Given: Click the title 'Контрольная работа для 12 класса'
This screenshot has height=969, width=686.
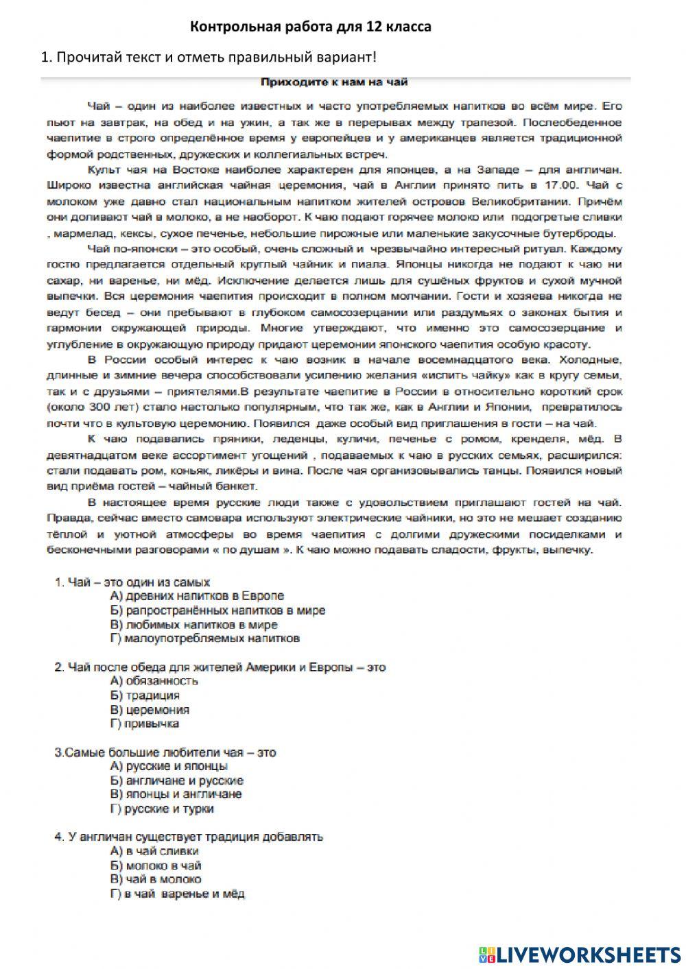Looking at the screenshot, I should [310, 27].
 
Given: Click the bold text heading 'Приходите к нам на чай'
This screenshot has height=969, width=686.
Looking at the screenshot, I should [334, 83].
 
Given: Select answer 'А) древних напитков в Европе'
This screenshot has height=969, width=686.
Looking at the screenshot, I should [196, 596].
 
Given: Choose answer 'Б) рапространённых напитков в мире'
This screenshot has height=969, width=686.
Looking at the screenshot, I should [217, 610].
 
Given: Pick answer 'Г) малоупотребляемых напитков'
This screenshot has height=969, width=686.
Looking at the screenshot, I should [204, 638].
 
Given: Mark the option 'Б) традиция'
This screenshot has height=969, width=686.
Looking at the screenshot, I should [145, 695].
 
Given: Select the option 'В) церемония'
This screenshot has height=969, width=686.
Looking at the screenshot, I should [149, 710].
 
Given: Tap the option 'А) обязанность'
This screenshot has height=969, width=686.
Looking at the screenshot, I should [154, 681].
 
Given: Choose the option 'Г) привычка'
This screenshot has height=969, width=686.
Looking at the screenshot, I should [144, 723].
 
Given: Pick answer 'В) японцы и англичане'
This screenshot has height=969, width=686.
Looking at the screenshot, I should [176, 794].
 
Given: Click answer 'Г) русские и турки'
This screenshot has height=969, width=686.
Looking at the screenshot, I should [162, 809].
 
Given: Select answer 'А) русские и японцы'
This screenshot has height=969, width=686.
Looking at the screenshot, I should [169, 766].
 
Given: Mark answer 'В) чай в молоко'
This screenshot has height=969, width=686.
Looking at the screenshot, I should [156, 879].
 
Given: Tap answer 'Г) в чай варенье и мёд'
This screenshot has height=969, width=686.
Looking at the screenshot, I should [177, 894].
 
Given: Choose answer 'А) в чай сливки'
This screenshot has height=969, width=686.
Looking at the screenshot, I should [154, 851].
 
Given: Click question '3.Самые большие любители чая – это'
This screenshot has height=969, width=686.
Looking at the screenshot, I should [165, 752].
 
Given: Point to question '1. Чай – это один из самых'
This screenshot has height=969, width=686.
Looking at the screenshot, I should [132, 582].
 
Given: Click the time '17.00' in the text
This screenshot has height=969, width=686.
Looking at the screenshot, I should [553, 185].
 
